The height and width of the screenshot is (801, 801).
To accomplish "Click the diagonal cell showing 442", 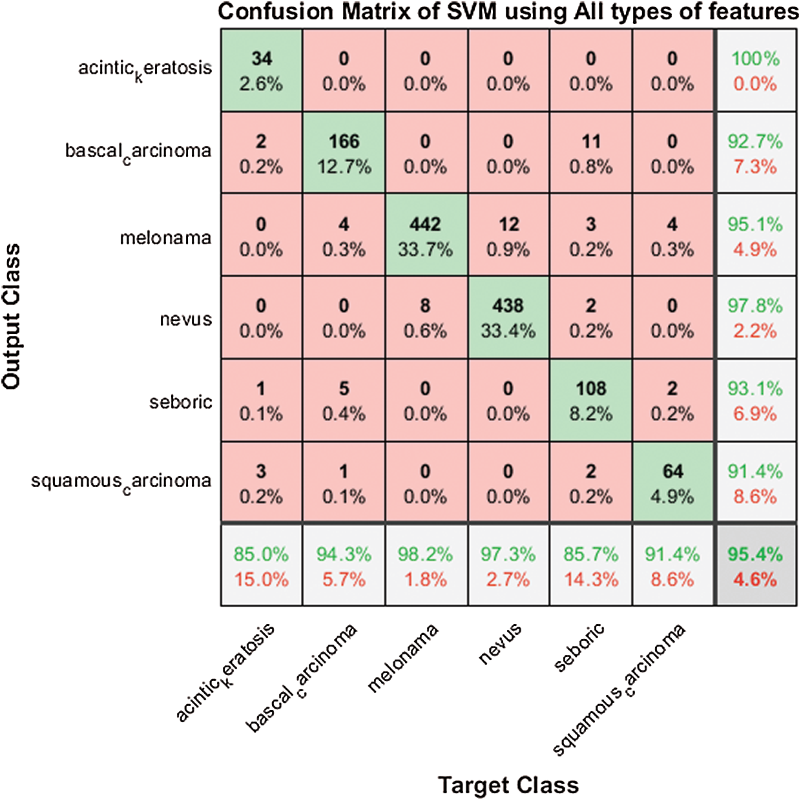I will [426, 236].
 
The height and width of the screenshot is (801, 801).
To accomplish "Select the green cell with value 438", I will [508, 318].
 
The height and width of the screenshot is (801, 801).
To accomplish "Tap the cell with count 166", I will [344, 153].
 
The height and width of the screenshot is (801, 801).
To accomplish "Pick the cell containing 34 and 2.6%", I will [261, 70].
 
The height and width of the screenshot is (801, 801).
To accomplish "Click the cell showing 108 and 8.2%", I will [591, 400].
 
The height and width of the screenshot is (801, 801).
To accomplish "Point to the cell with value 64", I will [672, 483].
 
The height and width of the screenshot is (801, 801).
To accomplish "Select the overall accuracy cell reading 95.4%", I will [755, 566].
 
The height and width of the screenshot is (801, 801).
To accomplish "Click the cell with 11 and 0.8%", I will [591, 153].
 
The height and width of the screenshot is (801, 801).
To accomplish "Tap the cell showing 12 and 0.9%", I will [508, 236].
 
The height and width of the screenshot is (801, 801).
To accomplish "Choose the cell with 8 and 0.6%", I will [426, 318].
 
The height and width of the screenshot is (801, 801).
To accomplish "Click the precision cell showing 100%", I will [755, 70].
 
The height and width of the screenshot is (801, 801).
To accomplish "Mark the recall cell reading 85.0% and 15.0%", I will [261, 566].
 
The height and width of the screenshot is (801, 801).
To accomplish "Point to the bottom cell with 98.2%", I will [426, 566].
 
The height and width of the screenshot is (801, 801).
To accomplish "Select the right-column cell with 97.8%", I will [755, 318].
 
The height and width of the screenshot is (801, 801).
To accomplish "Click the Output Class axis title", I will [12, 317].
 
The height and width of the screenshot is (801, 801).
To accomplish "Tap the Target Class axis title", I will [508, 785].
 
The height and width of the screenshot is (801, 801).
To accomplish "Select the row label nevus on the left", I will [186, 319].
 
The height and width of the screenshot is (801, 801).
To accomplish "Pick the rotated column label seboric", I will [579, 647].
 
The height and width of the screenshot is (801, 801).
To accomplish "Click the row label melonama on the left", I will [166, 238].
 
